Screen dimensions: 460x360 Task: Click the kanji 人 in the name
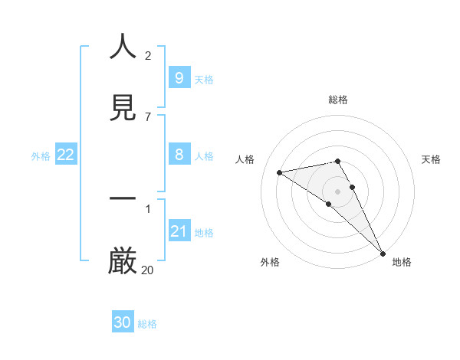[123, 47]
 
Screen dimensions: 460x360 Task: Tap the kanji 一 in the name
[123, 198]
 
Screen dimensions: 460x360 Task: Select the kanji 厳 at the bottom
[123, 260]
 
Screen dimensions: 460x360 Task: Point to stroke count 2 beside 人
[148, 56]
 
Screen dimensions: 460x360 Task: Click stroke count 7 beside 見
[148, 116]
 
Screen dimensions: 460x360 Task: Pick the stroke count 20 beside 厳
[148, 270]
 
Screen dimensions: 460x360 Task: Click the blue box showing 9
[179, 78]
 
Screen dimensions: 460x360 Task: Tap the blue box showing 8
[179, 155]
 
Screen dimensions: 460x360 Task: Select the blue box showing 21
[179, 231]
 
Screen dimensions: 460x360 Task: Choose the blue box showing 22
[66, 155]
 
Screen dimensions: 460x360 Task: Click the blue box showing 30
[123, 323]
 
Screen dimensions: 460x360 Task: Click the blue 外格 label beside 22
[41, 156]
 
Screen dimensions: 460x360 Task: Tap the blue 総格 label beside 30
[147, 324]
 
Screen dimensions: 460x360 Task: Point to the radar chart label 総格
[338, 100]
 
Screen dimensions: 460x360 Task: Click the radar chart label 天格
[432, 159]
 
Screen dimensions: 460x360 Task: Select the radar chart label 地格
[402, 262]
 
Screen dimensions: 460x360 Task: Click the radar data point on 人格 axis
[280, 172]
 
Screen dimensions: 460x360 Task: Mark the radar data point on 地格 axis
[383, 253]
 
